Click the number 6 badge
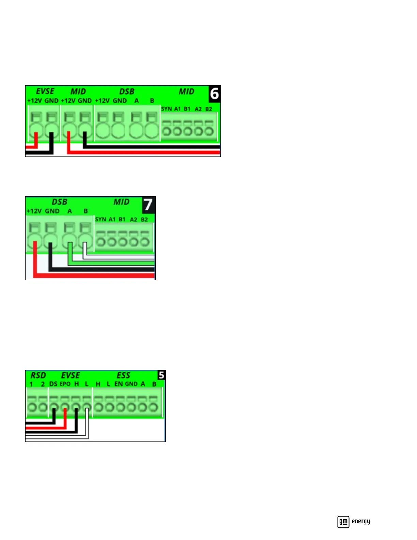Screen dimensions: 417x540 (214, 94)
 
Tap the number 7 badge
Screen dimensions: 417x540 (148, 205)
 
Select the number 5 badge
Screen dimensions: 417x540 (161, 375)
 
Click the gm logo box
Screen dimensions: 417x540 (343, 522)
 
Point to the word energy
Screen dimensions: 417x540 (361, 521)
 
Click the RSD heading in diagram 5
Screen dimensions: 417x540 (38, 375)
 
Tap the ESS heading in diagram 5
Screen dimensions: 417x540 (123, 375)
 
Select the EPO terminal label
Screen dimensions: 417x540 (65, 384)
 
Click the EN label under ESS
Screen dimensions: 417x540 (119, 384)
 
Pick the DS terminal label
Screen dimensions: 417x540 (53, 384)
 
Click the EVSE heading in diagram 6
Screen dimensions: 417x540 (45, 91)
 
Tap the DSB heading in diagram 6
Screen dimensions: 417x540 (127, 91)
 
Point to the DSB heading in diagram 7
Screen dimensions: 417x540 (60, 202)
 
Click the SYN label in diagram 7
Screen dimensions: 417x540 (101, 219)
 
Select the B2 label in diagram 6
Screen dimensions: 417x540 (208, 109)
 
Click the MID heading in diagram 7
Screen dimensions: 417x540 (121, 202)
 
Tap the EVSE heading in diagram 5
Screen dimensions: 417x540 (71, 375)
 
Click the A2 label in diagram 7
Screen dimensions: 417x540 (134, 220)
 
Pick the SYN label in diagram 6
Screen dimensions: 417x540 (166, 109)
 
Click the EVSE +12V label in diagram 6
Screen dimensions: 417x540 (34, 101)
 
